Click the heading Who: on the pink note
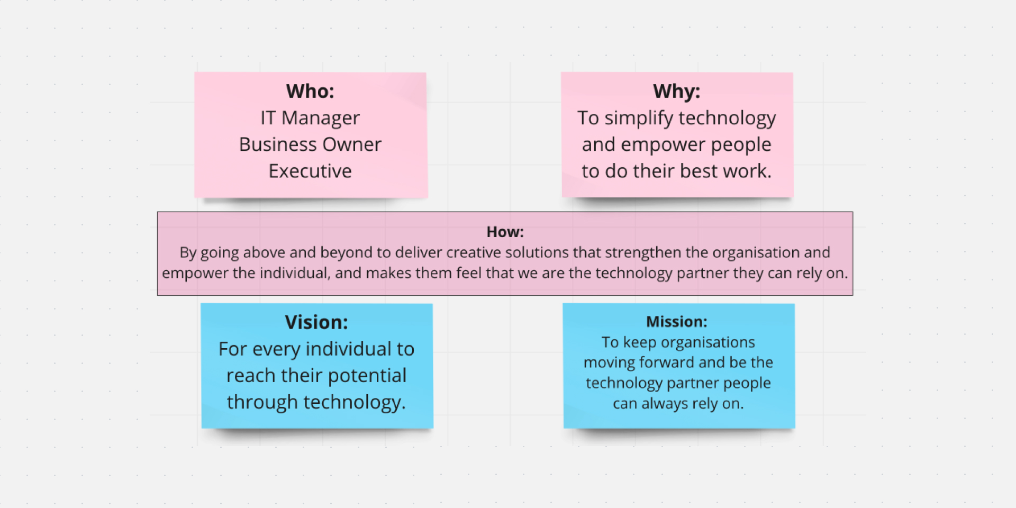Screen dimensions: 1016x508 (310, 91)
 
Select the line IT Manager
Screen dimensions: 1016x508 (310, 118)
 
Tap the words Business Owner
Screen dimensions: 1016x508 (310, 144)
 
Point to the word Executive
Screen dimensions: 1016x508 (310, 171)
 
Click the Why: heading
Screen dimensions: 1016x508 (677, 92)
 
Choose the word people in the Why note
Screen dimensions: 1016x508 (741, 145)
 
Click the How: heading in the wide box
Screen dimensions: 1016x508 (505, 232)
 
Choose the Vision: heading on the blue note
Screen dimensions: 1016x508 (316, 322)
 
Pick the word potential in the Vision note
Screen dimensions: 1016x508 (368, 376)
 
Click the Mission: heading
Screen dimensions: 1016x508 (677, 322)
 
